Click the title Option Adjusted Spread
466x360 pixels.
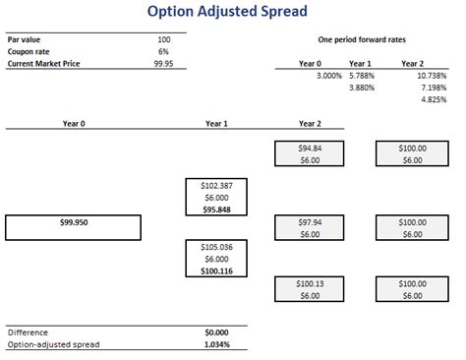click(226, 13)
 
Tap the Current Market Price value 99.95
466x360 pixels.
click(164, 63)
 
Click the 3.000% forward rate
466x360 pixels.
click(329, 76)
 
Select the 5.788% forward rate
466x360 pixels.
click(364, 76)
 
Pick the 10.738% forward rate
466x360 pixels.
click(430, 76)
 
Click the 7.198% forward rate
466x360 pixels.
click(433, 89)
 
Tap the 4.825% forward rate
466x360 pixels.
click(433, 100)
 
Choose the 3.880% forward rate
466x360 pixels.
click(364, 89)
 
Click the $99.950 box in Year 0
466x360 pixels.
click(70, 223)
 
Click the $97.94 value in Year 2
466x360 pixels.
click(310, 222)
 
